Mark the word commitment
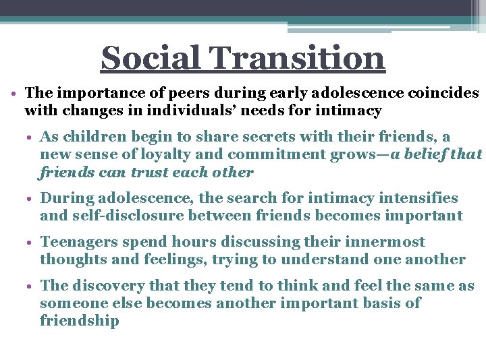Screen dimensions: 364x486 [x=267, y=154]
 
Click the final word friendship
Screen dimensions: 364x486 [x=80, y=321]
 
